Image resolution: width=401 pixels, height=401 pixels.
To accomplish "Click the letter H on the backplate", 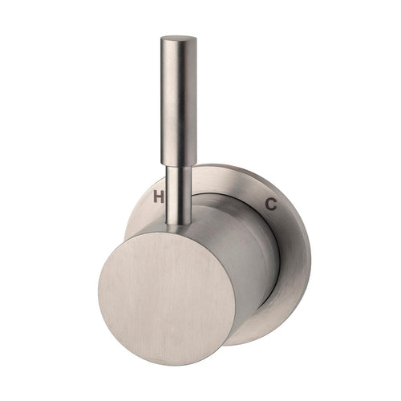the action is point(159,197).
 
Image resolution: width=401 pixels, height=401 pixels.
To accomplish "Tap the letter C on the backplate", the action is point(271,205).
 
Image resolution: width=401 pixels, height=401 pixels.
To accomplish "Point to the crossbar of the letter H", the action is point(159,197).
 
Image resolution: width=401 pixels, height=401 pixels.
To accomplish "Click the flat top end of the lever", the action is point(179,39).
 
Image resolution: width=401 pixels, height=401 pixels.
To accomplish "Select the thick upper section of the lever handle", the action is point(179,100).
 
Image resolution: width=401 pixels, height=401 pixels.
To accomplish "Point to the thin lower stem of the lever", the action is point(179,195).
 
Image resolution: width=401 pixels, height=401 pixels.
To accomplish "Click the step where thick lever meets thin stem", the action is point(179,164).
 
